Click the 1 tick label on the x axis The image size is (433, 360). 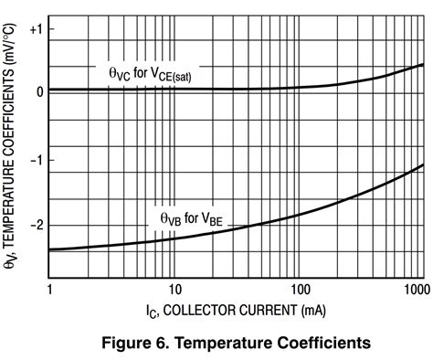48,290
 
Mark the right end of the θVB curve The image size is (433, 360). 423,165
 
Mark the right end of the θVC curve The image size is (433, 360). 423,65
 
